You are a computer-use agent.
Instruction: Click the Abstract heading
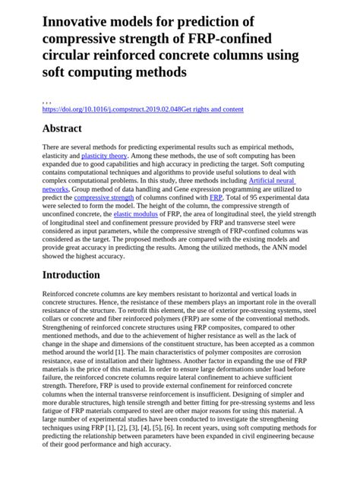[62, 129]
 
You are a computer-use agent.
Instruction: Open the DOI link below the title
[112, 109]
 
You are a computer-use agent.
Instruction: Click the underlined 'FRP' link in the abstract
[216, 197]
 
